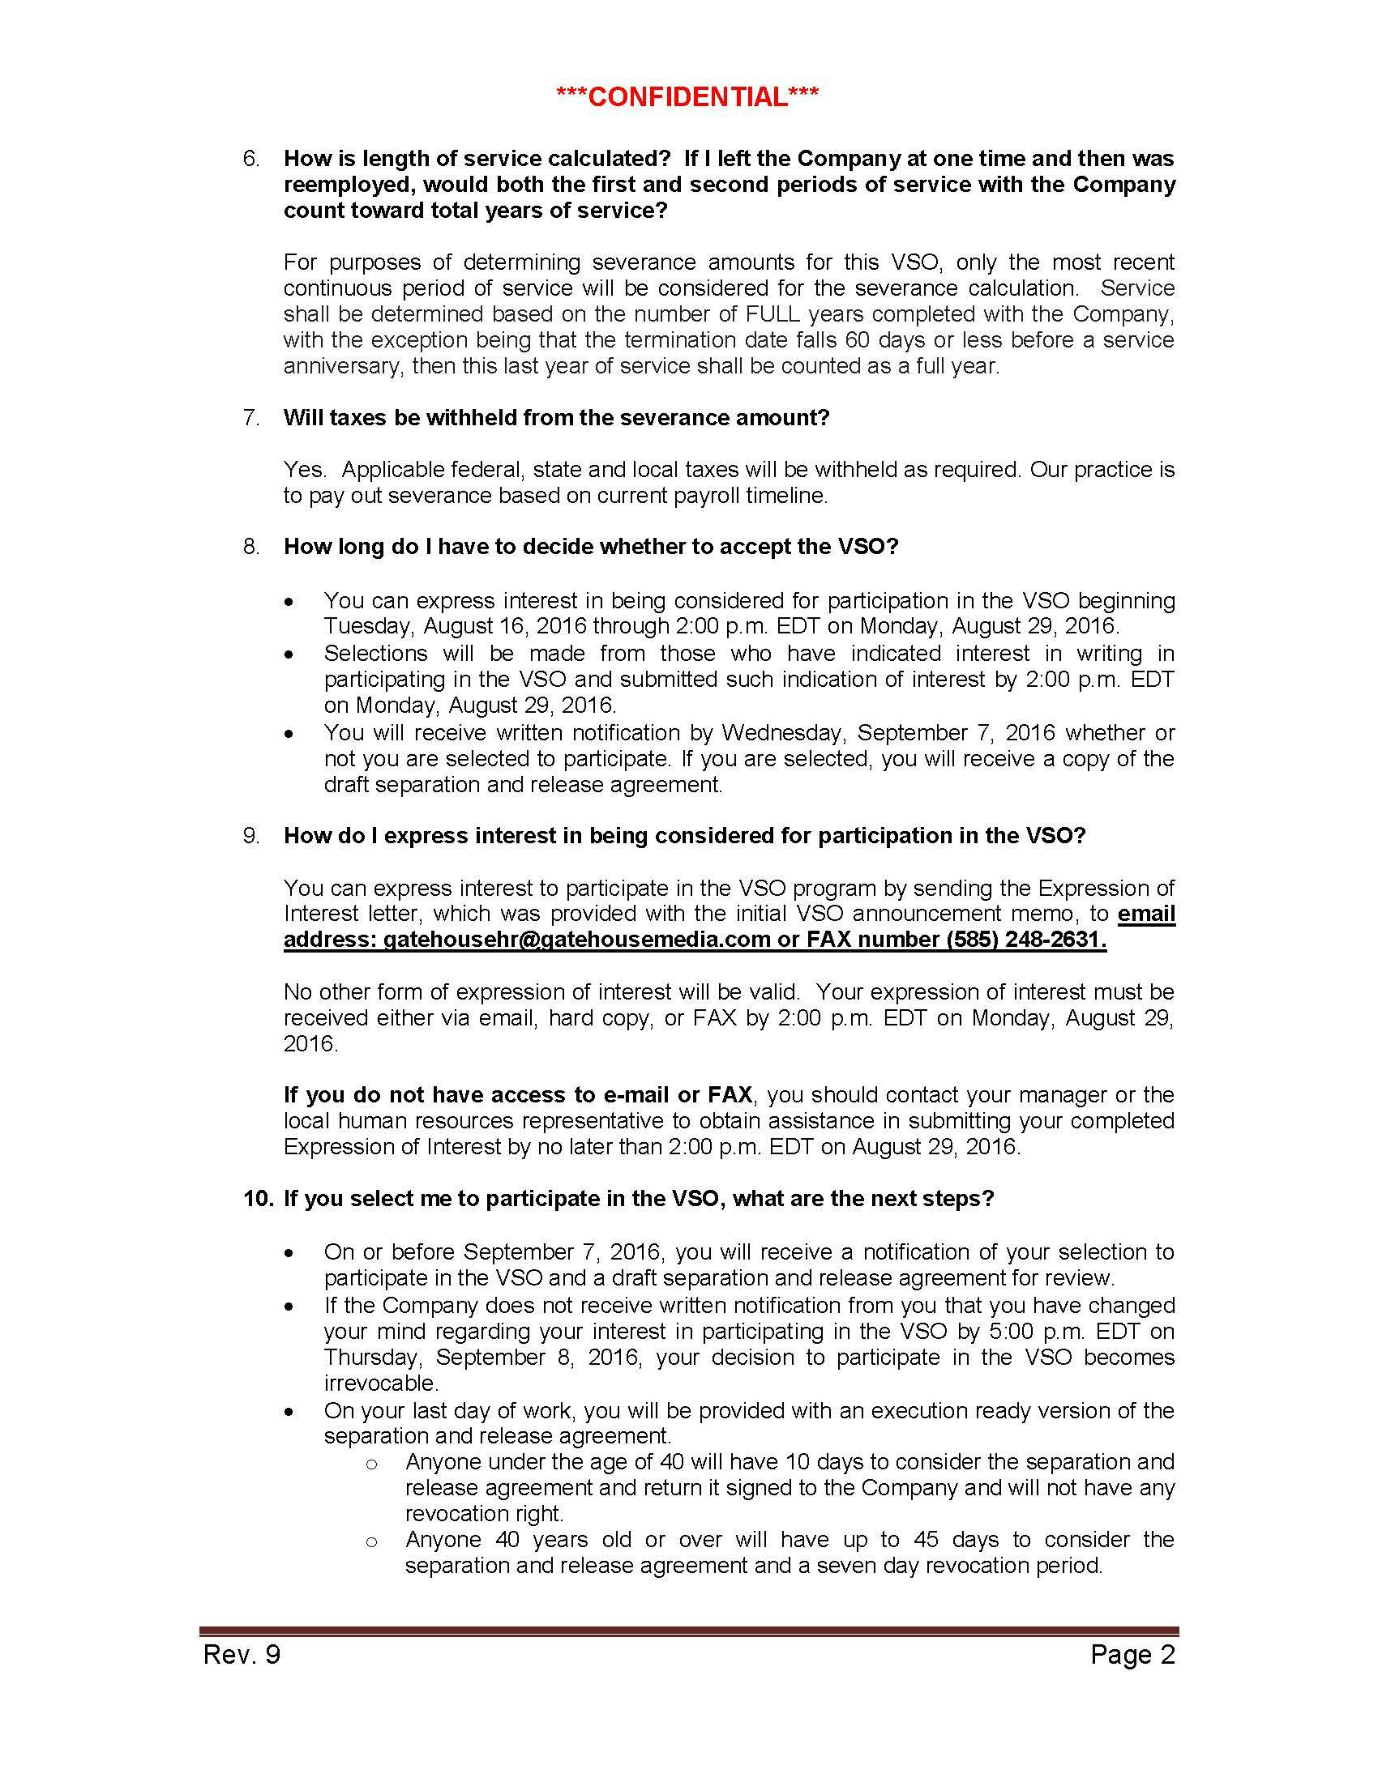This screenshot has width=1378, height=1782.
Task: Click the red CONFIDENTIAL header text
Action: tap(687, 97)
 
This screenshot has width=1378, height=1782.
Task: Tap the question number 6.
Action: tap(251, 158)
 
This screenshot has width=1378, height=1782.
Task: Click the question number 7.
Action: tap(251, 418)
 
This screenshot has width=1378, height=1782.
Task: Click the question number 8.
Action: tap(251, 546)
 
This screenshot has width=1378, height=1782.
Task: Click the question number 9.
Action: tap(251, 836)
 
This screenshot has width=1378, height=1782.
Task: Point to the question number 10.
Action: tap(258, 1199)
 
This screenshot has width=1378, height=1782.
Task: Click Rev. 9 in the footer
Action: tap(242, 1655)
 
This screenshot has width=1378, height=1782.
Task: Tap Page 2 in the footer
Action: tap(1132, 1655)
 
